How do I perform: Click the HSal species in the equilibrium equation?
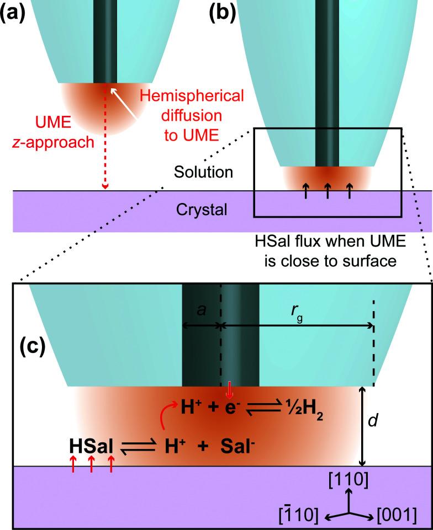[92, 445]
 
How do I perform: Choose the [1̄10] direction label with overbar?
[298, 515]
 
